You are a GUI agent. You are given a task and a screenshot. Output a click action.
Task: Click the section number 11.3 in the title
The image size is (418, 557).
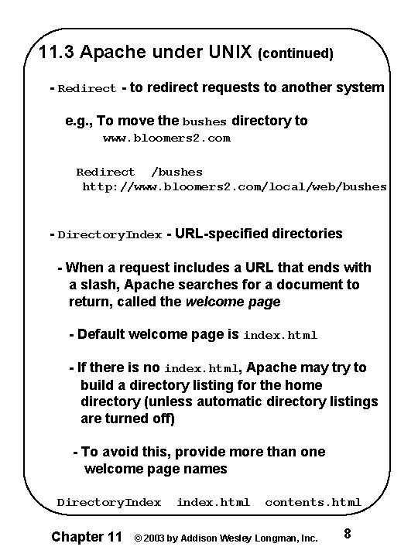[x=57, y=53]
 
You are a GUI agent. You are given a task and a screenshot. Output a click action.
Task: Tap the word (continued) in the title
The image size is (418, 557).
[x=296, y=54]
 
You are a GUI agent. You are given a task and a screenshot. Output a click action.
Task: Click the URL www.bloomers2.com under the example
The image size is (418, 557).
[x=166, y=138]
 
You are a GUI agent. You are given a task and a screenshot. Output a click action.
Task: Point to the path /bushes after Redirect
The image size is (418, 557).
[x=176, y=172]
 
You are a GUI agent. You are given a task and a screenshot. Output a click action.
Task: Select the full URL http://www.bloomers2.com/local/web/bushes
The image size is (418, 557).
[x=235, y=186]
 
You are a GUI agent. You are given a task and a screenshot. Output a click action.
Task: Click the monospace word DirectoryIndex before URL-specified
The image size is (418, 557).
[x=110, y=234]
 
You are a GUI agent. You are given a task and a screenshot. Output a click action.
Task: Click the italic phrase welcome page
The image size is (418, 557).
[x=233, y=302]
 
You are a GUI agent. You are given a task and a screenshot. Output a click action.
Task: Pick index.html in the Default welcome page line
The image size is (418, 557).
[x=280, y=336]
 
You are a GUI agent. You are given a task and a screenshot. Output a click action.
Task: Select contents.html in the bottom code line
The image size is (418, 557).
[x=313, y=502]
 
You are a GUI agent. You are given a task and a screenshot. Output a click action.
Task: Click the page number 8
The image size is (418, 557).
[x=348, y=534]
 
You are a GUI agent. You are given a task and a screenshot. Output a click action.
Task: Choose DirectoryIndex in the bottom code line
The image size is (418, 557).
[x=109, y=502]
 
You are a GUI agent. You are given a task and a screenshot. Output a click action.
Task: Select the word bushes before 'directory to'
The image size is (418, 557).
[x=204, y=121]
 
